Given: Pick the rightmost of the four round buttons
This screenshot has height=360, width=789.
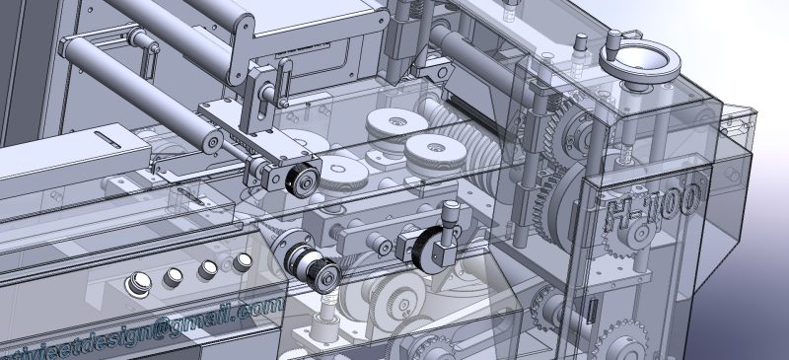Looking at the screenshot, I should (243, 262).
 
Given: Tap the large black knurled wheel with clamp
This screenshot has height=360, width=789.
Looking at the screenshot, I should (431, 250).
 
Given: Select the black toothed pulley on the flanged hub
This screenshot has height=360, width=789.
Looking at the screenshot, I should (316, 268).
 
